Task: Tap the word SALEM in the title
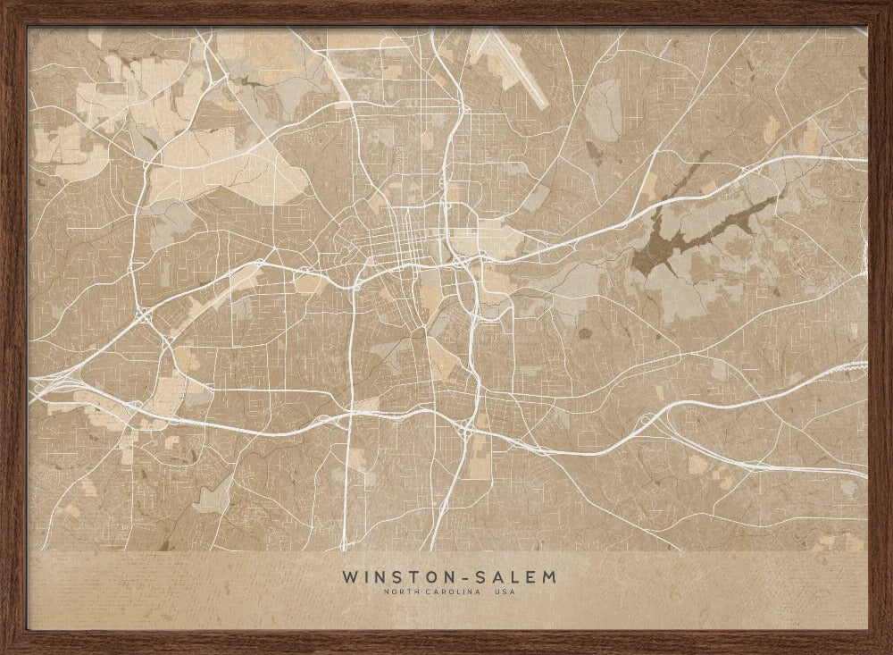pos(517,576)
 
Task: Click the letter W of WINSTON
pos(348,576)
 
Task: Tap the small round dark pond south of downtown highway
pos(585,333)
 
